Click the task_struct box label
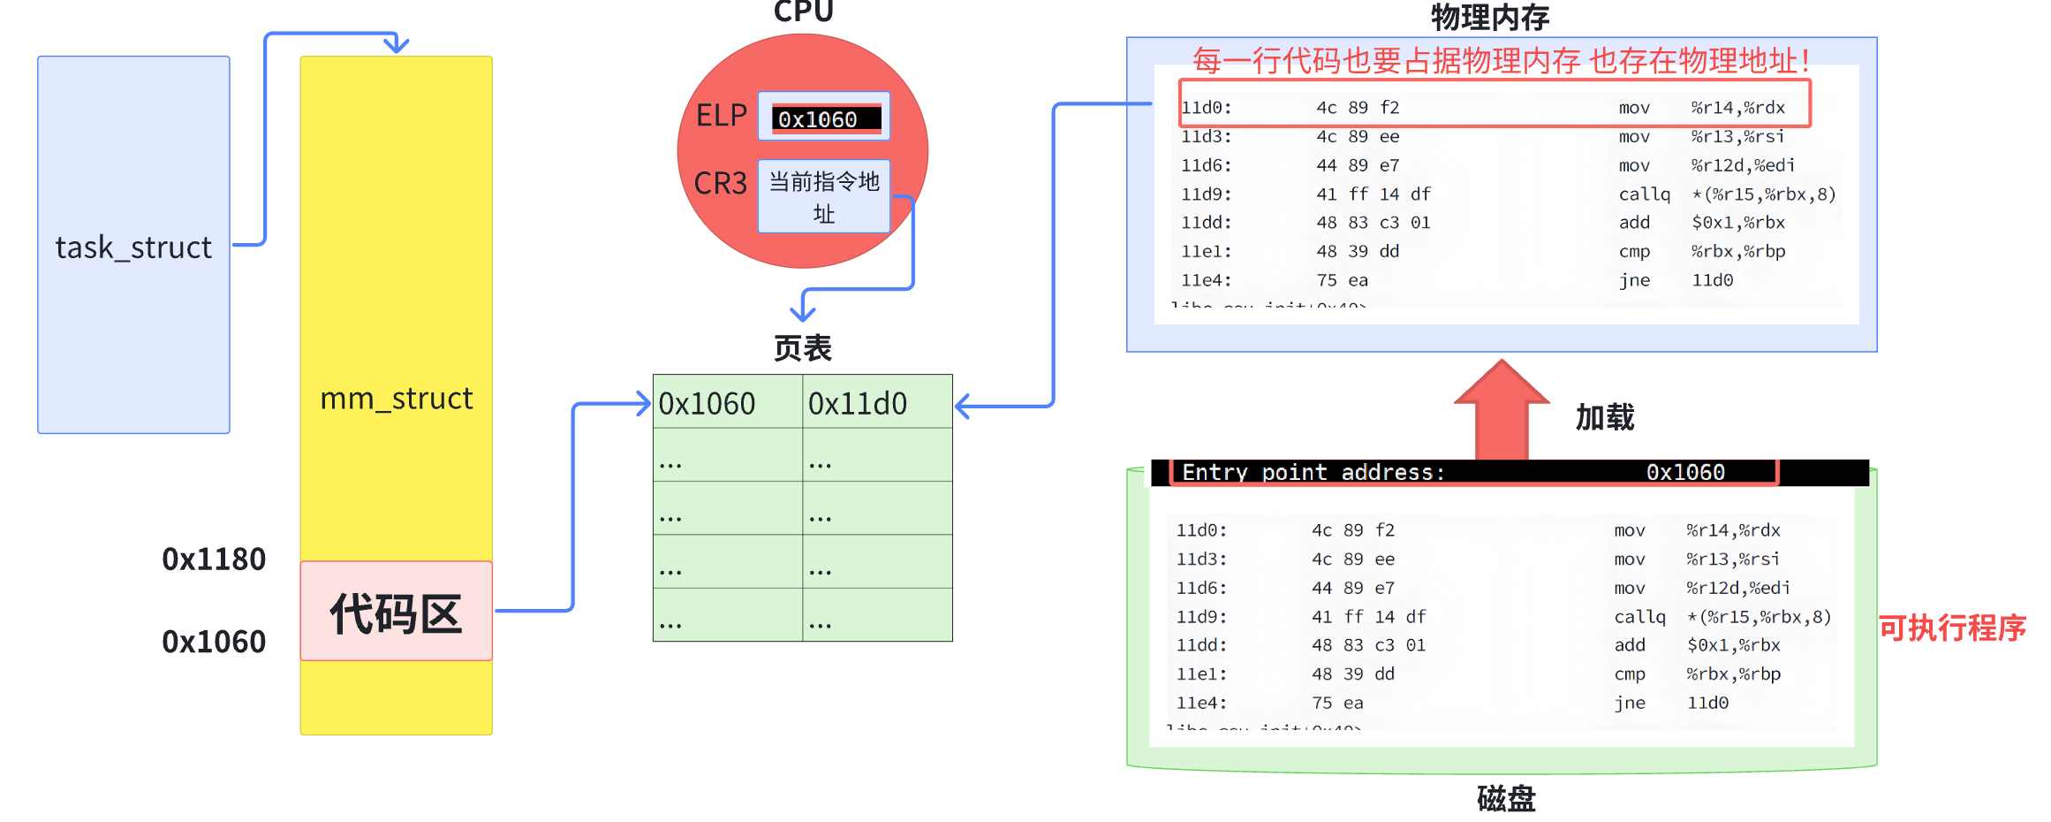133,247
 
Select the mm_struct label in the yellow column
397,399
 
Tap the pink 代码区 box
396,612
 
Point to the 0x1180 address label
214,559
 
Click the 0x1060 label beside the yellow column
214,642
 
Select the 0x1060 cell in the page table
708,404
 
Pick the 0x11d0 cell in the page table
858,404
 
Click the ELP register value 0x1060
819,119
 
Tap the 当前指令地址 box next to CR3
824,196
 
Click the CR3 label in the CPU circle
720,184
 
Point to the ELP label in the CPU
722,116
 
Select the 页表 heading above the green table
802,348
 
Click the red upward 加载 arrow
1502,411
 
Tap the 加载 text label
1605,417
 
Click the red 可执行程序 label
1952,628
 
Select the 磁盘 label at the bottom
1506,799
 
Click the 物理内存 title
1489,17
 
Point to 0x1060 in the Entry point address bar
1685,473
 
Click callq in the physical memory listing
1644,194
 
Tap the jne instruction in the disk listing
1629,704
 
